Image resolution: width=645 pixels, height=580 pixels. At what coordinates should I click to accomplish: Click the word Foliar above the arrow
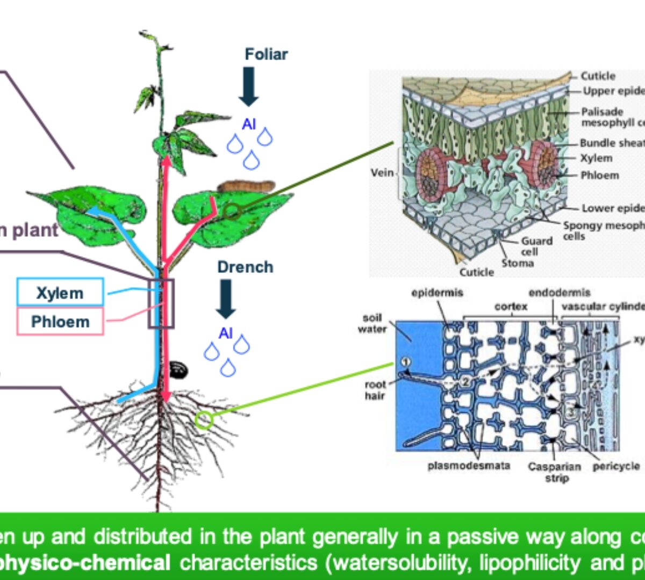click(x=266, y=54)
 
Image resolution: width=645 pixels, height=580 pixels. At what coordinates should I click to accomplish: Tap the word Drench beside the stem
click(x=245, y=267)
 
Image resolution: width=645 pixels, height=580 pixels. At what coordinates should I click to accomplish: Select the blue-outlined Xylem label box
click(x=60, y=293)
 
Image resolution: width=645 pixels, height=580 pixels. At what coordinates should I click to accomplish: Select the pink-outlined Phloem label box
click(x=60, y=322)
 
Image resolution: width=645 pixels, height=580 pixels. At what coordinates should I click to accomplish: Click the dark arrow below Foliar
click(x=249, y=86)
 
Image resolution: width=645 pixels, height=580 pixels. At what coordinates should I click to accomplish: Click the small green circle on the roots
click(x=204, y=419)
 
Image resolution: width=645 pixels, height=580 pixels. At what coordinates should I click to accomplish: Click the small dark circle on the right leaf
click(x=232, y=211)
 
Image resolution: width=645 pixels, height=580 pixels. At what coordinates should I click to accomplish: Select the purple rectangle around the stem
click(x=161, y=303)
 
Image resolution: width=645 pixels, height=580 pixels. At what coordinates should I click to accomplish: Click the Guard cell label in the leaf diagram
click(x=536, y=247)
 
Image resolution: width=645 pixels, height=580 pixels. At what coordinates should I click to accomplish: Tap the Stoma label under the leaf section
click(x=518, y=263)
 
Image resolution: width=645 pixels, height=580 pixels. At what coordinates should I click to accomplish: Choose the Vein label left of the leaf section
click(x=382, y=173)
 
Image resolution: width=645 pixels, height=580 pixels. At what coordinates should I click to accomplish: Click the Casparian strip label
click(x=554, y=472)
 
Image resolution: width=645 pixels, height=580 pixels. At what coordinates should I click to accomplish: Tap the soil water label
click(x=372, y=323)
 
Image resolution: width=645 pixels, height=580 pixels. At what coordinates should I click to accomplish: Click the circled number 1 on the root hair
click(x=406, y=361)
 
